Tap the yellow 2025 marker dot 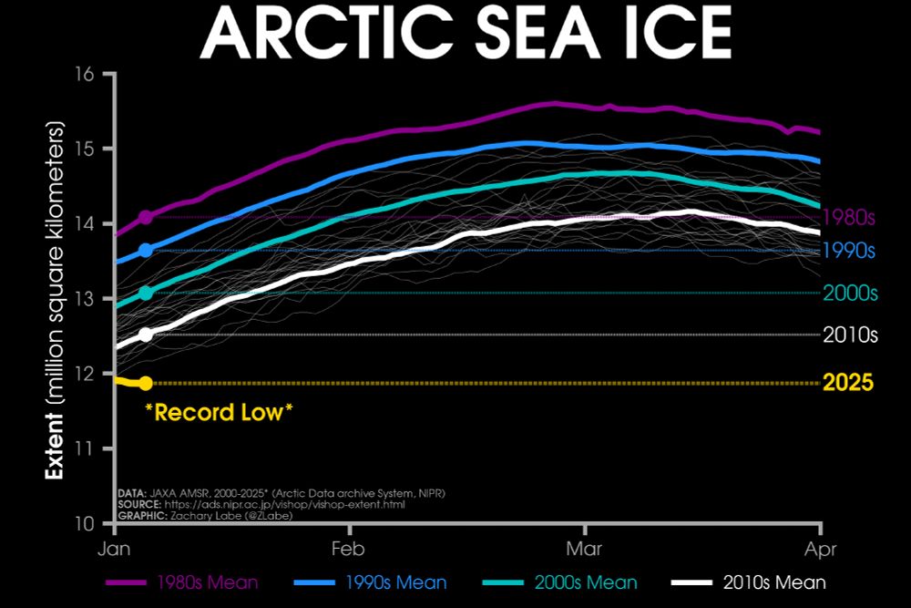click(x=146, y=383)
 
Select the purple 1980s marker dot click(x=146, y=217)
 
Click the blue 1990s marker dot click(x=146, y=250)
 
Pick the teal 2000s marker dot click(x=146, y=293)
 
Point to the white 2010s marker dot click(x=146, y=335)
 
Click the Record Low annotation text click(x=219, y=412)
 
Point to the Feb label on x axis click(x=348, y=550)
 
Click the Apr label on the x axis click(x=821, y=550)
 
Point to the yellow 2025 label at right click(x=848, y=383)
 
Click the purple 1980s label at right click(x=848, y=218)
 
